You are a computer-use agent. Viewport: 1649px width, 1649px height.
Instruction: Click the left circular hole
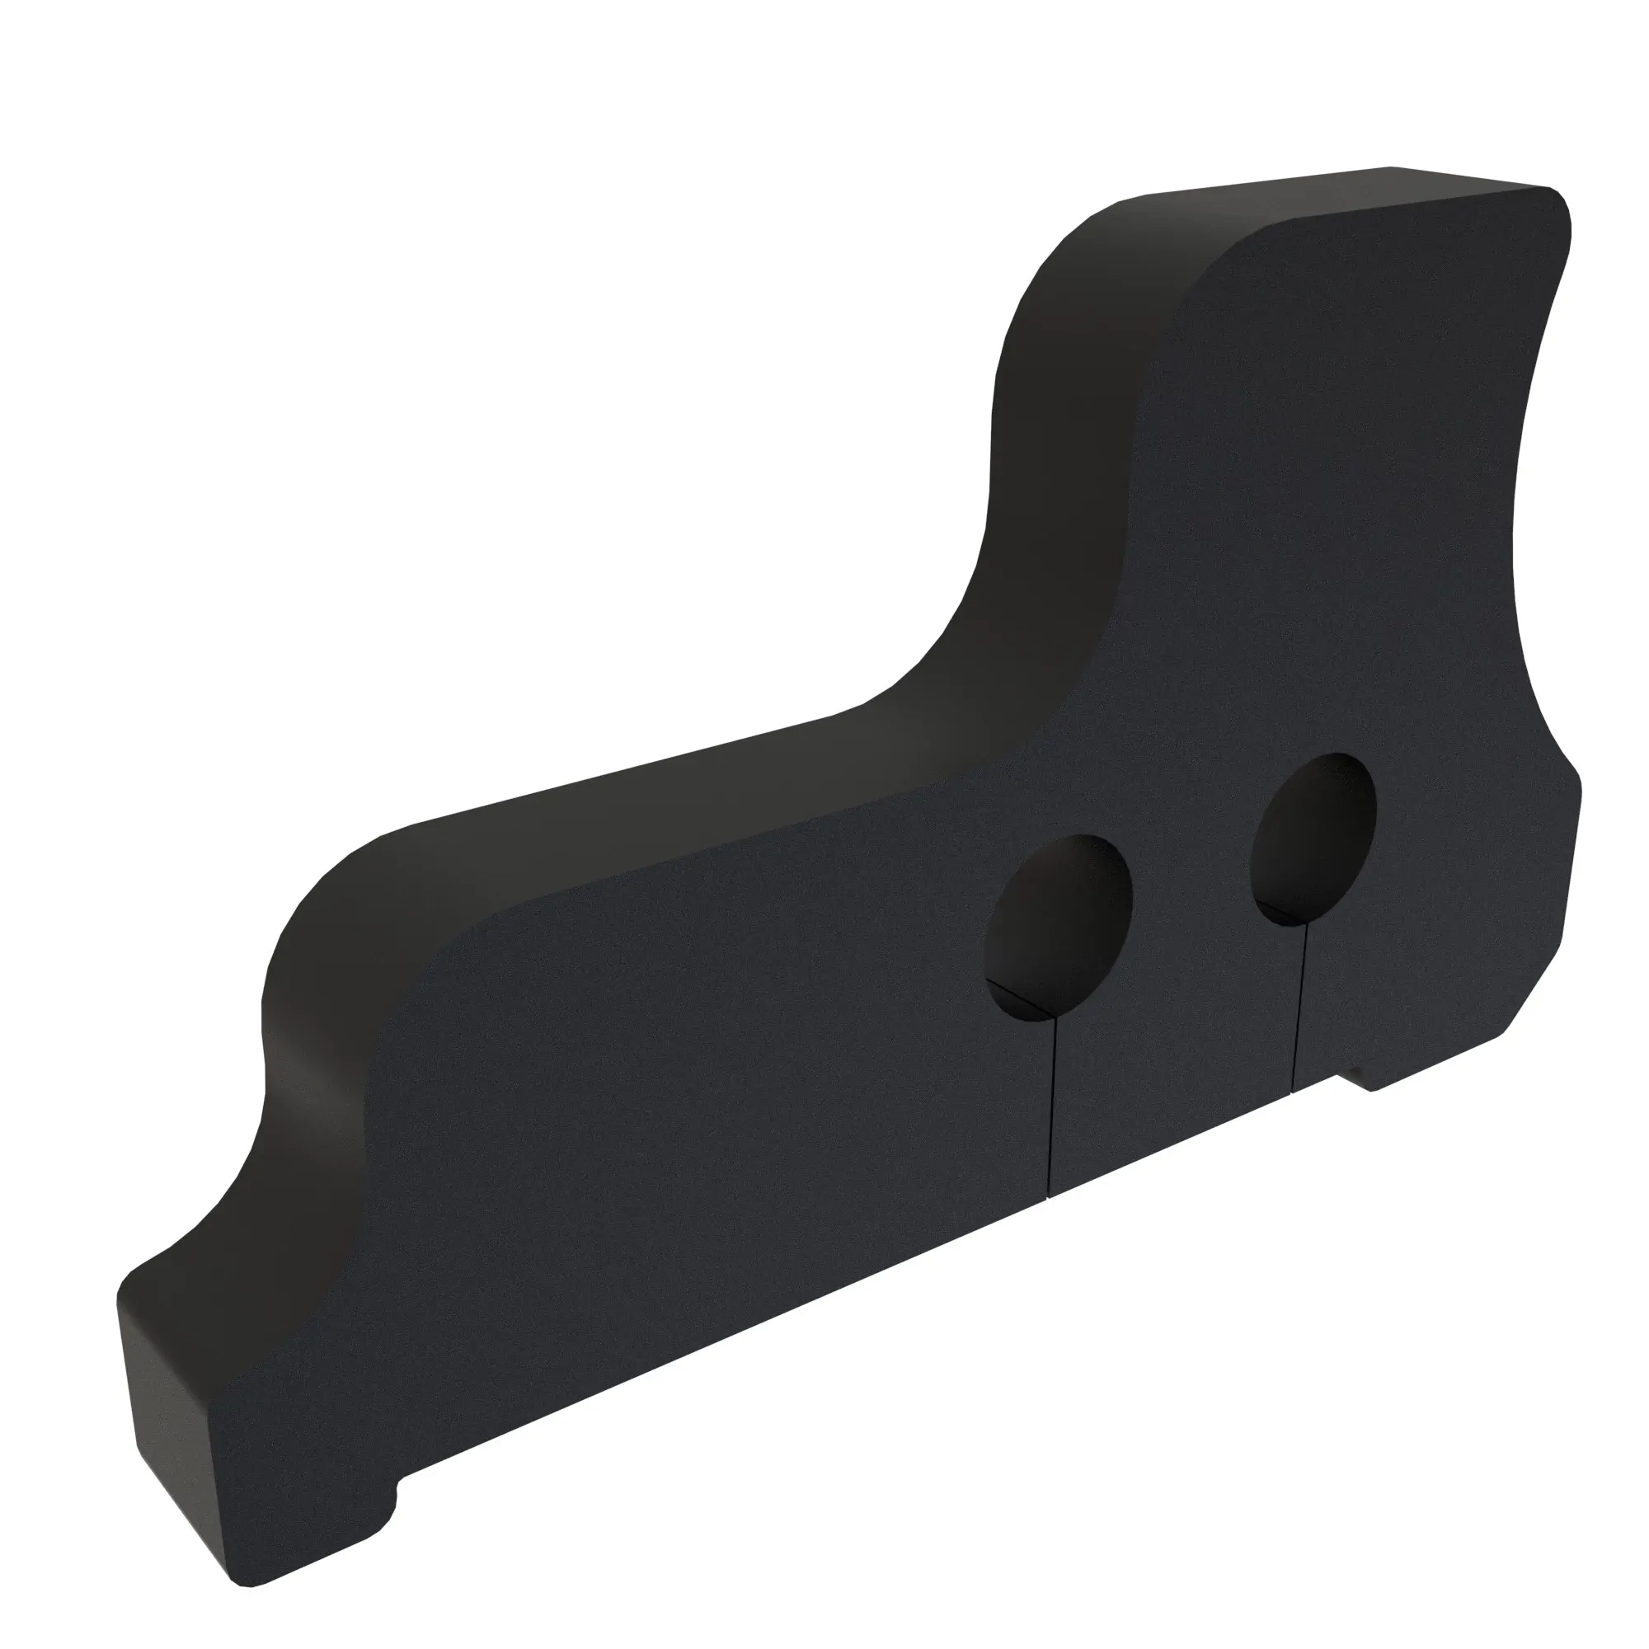coord(1059,927)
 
